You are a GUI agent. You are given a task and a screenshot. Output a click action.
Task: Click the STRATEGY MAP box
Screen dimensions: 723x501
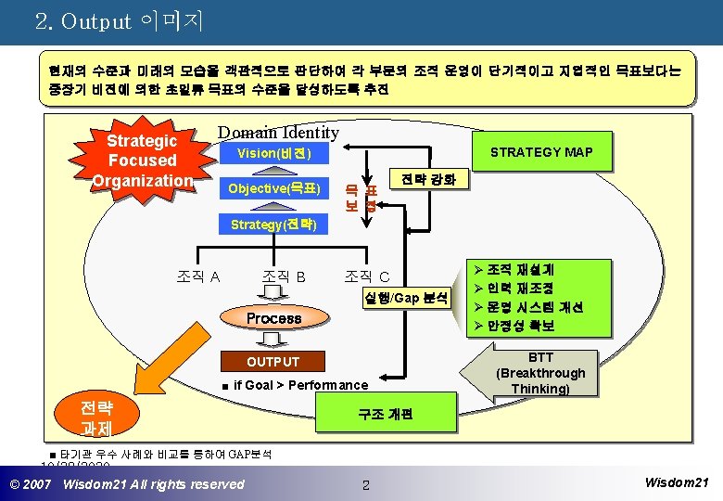pos(541,152)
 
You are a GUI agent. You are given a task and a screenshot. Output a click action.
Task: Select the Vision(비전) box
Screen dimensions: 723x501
pos(274,153)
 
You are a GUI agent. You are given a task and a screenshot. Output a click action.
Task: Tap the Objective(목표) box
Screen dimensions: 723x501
pos(274,189)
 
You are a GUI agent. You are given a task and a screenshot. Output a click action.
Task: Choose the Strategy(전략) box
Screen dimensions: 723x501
pos(274,225)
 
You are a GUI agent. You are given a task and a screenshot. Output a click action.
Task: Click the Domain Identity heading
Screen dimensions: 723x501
pos(278,133)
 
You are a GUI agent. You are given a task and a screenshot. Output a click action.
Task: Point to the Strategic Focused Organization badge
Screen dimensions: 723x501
pos(142,160)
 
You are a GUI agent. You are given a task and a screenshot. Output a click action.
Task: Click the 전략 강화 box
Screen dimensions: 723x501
pos(423,179)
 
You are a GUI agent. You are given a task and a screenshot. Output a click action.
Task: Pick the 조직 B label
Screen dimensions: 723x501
pos(284,276)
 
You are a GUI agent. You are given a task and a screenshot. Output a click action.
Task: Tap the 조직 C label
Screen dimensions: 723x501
pos(367,276)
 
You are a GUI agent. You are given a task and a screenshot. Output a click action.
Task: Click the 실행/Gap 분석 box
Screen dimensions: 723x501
pos(405,298)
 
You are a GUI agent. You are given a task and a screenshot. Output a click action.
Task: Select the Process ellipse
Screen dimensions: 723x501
pos(273,318)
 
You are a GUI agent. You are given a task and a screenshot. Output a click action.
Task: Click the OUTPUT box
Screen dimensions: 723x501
pos(273,362)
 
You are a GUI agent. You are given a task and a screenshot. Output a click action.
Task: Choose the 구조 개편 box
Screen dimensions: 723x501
pos(386,414)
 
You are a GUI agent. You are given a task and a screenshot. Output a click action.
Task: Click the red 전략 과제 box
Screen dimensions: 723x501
pos(96,418)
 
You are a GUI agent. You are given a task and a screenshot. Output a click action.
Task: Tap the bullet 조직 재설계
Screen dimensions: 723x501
pos(521,270)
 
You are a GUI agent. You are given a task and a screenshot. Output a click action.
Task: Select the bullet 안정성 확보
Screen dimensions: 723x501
pos(521,326)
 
